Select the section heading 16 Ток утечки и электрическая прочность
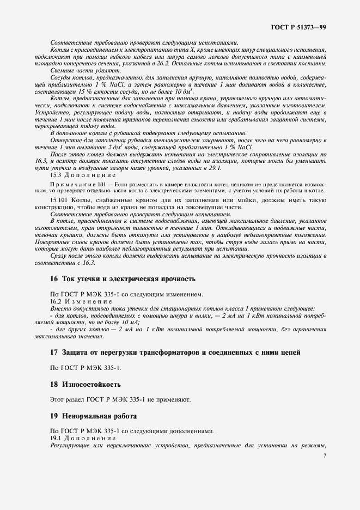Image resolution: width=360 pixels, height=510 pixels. coord(122,278)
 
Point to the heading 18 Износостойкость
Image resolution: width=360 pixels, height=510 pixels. coord(86,384)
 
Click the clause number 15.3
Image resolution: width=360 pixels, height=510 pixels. coord(56,175)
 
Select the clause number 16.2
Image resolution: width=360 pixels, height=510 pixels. coord(56,301)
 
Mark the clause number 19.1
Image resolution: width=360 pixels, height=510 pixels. coord(56,438)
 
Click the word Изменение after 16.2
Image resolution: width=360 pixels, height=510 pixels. coord(89,301)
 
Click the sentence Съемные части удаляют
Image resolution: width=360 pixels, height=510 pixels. coord(86,71)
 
